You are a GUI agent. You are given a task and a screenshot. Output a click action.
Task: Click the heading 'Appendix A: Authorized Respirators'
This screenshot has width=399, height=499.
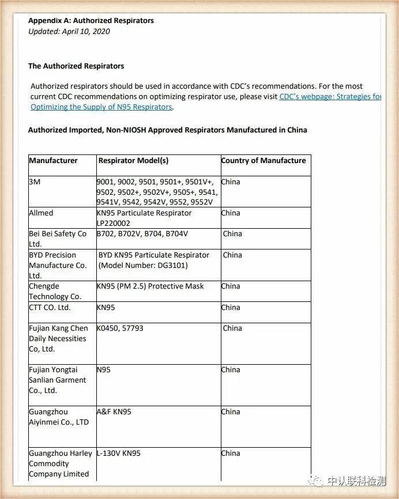(91, 21)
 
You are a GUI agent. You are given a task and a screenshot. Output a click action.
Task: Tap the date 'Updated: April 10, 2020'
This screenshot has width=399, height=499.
(69, 32)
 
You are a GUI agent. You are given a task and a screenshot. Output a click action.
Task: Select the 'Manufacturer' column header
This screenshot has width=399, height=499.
(53, 161)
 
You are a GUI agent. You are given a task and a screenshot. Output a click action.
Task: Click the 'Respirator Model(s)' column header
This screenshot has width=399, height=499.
(133, 161)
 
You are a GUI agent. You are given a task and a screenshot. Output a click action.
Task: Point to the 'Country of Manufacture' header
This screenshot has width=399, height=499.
(264, 161)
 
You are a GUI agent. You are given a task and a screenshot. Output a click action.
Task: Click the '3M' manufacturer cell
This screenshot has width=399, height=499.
(35, 182)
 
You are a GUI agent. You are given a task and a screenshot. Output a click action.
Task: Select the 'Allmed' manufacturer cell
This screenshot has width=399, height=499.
(41, 213)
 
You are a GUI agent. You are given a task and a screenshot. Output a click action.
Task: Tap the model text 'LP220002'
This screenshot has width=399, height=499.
(113, 224)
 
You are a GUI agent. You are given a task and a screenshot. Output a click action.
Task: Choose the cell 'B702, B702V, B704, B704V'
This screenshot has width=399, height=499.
(142, 234)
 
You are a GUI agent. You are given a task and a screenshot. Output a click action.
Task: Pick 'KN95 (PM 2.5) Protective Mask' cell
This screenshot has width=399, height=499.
(150, 286)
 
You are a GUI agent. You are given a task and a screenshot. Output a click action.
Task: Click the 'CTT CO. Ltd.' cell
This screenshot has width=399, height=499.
(50, 308)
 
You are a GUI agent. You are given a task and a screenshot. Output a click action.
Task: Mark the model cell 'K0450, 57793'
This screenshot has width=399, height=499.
(120, 328)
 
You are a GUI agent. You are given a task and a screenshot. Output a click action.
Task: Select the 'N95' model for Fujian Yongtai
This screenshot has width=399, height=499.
(103, 370)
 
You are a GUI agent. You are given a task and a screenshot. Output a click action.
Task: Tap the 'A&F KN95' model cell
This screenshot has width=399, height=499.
(114, 412)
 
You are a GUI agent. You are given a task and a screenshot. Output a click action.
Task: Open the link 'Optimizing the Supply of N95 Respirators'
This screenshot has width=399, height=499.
(101, 107)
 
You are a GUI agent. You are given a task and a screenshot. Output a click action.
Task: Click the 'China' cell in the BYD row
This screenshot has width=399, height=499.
(232, 255)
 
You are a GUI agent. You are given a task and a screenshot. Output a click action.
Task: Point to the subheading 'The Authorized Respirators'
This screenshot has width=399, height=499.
(76, 66)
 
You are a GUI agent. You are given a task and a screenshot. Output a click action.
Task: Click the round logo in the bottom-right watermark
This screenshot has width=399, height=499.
(315, 481)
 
